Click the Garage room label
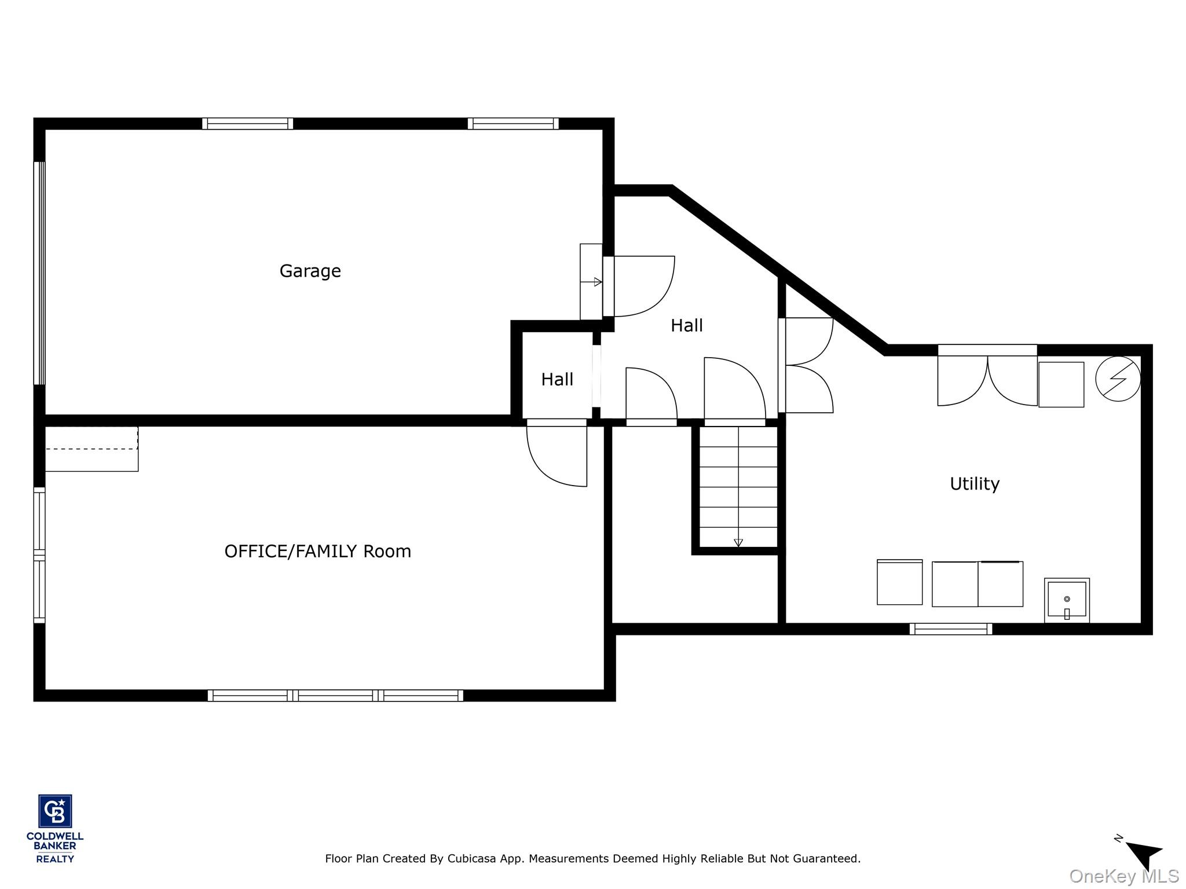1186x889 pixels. (x=310, y=271)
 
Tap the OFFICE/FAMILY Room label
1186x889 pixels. (x=317, y=551)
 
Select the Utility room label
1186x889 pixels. (x=974, y=483)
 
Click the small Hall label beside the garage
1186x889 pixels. (x=557, y=379)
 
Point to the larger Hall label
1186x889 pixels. (x=686, y=325)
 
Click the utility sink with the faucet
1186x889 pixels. (x=1066, y=600)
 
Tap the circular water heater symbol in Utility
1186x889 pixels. (x=1118, y=379)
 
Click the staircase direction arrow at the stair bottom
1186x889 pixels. (x=738, y=542)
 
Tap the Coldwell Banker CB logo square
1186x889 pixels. (x=55, y=811)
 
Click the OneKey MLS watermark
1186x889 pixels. (x=1123, y=876)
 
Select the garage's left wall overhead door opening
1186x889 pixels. (x=39, y=273)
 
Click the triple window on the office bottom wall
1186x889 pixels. (x=335, y=695)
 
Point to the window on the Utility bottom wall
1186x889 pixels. (x=950, y=629)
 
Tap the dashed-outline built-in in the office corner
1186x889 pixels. (x=91, y=449)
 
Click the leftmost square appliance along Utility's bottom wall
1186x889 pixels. (x=899, y=582)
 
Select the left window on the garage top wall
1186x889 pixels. (x=247, y=123)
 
